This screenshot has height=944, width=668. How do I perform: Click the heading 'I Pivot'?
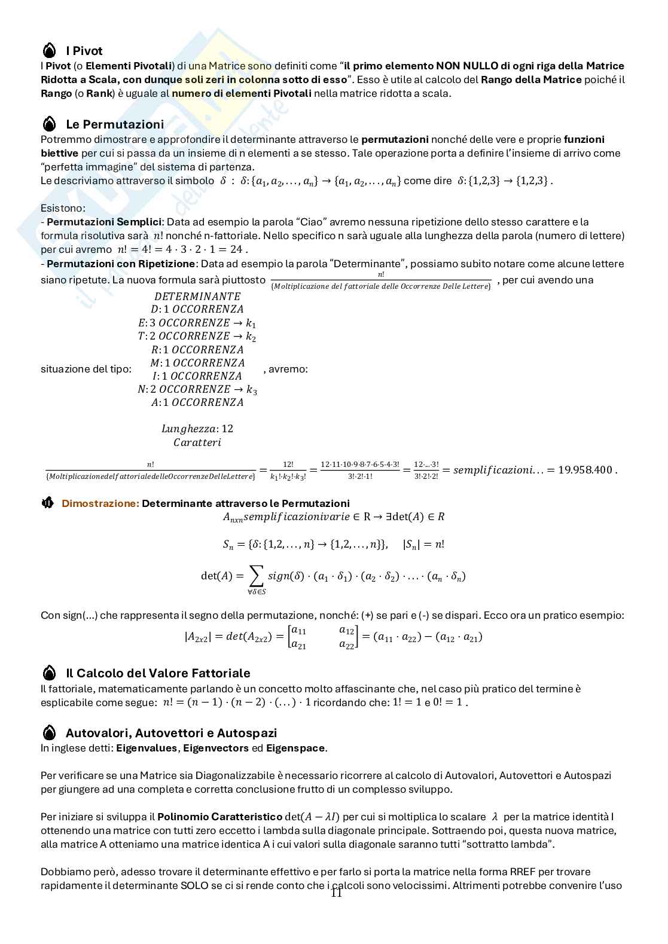[84, 51]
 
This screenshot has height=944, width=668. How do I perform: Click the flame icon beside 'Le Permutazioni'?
[50, 124]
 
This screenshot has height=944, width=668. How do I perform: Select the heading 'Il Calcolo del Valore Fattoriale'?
[157, 673]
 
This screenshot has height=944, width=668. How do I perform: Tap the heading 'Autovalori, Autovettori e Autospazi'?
[171, 733]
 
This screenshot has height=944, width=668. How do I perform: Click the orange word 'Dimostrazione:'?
[100, 503]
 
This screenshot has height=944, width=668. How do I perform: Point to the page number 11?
[336, 893]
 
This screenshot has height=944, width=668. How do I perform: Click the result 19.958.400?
[585, 470]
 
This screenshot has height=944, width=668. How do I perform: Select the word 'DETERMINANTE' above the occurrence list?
[197, 297]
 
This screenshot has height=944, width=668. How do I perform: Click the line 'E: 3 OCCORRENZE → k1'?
[197, 323]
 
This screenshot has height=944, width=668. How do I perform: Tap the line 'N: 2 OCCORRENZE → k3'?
[197, 389]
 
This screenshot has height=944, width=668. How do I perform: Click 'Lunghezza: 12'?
[197, 429]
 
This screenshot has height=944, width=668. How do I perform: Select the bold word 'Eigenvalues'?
[147, 748]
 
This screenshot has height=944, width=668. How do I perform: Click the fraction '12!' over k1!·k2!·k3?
[288, 470]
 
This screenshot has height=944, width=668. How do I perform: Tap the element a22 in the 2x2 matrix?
[346, 644]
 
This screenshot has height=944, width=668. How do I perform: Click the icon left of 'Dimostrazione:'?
[48, 503]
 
